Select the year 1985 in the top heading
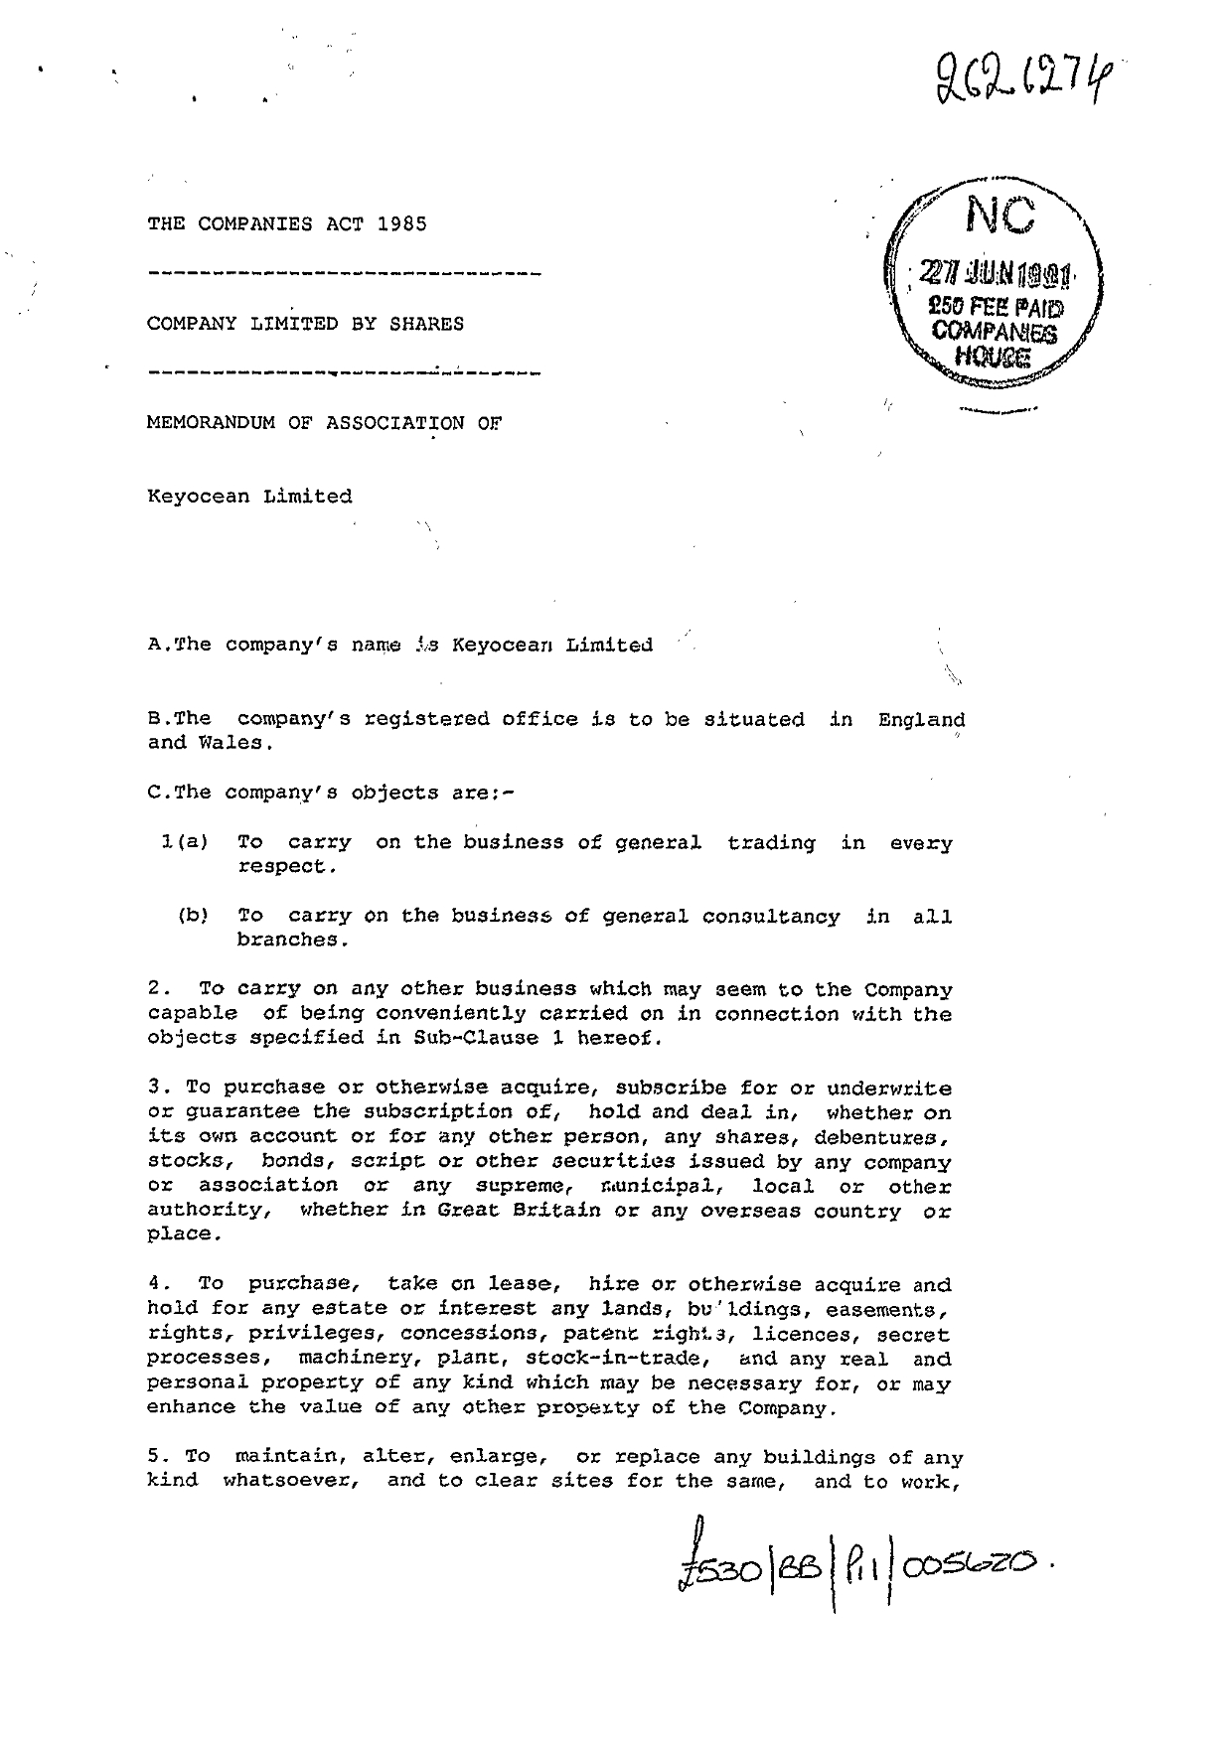[x=402, y=223]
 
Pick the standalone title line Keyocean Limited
[x=249, y=496]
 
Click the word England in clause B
[x=921, y=719]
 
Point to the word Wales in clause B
[x=231, y=743]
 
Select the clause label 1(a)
[x=184, y=842]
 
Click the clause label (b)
[x=192, y=916]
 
